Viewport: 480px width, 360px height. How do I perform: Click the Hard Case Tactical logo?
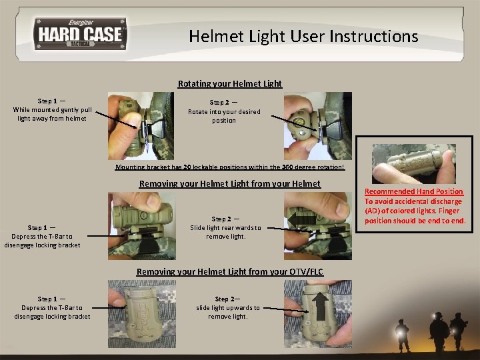[80, 34]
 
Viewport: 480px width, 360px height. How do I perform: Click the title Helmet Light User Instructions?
[303, 36]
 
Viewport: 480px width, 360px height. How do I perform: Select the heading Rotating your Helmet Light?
[229, 84]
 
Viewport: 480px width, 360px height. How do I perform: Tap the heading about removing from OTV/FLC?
[229, 272]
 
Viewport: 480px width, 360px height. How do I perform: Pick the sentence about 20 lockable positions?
[230, 168]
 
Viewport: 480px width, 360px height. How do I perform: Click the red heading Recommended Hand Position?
[413, 191]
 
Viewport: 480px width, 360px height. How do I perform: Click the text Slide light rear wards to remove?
[225, 228]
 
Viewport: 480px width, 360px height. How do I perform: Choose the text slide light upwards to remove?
[228, 308]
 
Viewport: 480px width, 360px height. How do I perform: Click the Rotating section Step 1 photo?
[141, 126]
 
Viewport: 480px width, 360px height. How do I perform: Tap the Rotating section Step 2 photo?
[317, 126]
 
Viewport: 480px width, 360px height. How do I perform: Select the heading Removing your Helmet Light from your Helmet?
[229, 184]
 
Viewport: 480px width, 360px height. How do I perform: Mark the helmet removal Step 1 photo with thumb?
[142, 225]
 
